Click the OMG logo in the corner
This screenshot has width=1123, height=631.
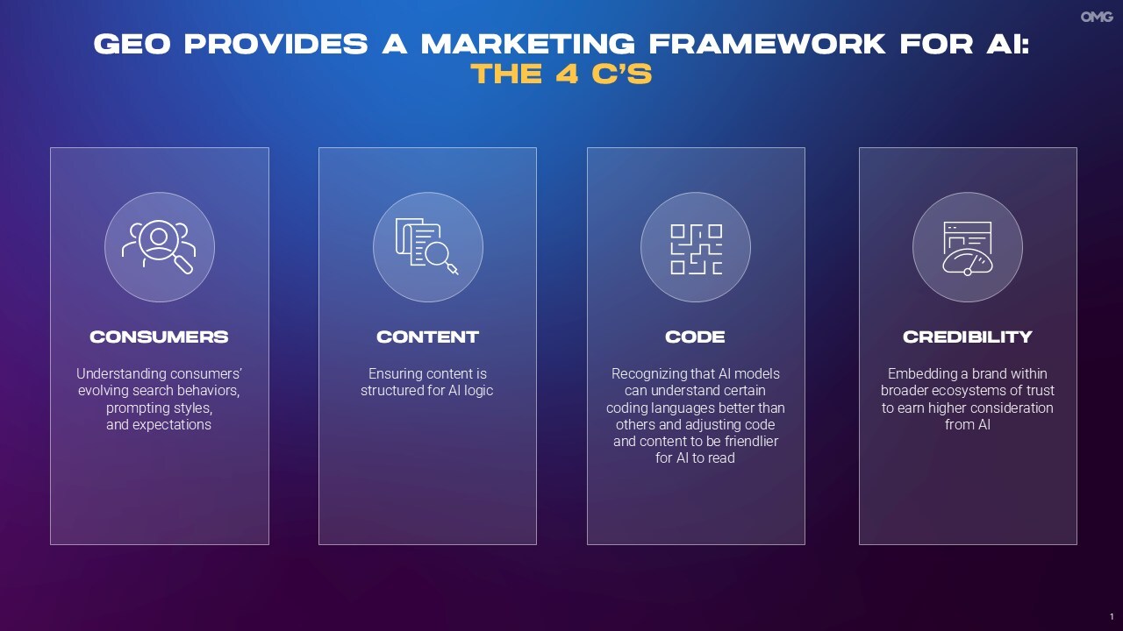(x=1097, y=17)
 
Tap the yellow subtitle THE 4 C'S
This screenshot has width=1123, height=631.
(x=561, y=74)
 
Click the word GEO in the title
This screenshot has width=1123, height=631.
(x=132, y=44)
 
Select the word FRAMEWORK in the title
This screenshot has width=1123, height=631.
(x=767, y=44)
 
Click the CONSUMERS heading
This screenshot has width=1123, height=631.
(x=159, y=337)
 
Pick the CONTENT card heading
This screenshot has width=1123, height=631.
(x=427, y=337)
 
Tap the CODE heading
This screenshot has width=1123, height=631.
(x=695, y=337)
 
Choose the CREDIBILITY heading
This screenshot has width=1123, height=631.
(x=968, y=337)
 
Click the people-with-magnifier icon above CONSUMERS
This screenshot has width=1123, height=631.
(x=159, y=247)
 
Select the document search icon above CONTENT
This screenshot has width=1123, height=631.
(x=426, y=246)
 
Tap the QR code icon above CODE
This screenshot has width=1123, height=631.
(x=697, y=250)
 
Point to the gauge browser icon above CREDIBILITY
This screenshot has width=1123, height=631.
(x=968, y=248)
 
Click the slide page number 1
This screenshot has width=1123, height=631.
(x=1112, y=616)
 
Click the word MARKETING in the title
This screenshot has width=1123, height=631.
(x=527, y=44)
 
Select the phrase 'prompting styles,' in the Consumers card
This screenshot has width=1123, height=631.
(x=159, y=408)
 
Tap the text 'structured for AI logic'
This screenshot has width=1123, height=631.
(x=426, y=391)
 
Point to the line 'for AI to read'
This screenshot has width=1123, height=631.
(x=695, y=457)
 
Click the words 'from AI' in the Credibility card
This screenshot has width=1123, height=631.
(x=968, y=425)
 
